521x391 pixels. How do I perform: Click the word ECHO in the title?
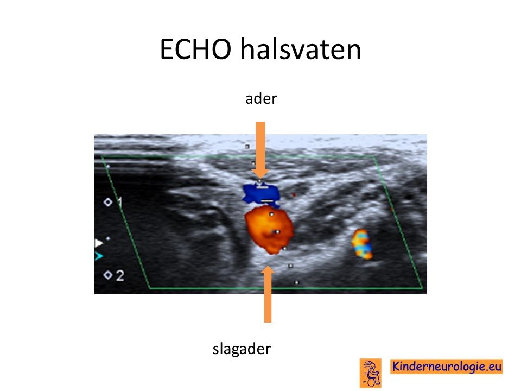[195, 49]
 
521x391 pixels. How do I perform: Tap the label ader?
[261, 99]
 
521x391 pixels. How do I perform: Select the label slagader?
[242, 349]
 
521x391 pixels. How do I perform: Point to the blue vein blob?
[261, 193]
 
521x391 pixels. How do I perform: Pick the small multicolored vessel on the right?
[362, 244]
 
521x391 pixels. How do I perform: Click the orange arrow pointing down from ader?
[260, 150]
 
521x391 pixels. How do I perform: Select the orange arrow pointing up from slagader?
[268, 294]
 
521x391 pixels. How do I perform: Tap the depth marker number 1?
[119, 202]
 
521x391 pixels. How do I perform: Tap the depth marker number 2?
[120, 276]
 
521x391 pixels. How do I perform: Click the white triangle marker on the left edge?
[99, 243]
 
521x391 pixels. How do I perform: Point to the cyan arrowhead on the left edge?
[99, 256]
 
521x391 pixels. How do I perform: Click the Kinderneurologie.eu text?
[446, 367]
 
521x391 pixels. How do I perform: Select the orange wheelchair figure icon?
[371, 373]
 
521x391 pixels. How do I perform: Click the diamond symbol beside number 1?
[108, 202]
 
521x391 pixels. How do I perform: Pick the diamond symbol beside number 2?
[107, 275]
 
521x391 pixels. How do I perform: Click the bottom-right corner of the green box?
[422, 288]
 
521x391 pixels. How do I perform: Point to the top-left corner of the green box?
[102, 157]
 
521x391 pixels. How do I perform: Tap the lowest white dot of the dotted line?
[296, 282]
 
